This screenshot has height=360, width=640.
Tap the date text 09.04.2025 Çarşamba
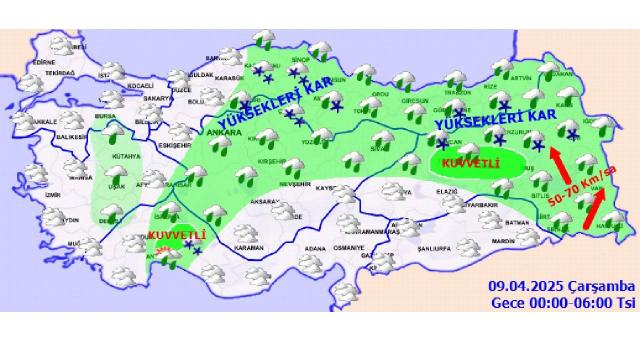click(x=561, y=287)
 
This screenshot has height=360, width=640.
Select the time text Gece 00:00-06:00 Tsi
click(x=563, y=303)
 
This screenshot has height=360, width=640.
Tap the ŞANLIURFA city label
click(x=434, y=248)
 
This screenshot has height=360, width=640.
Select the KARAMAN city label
click(x=248, y=248)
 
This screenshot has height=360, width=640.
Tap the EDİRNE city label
click(x=43, y=62)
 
